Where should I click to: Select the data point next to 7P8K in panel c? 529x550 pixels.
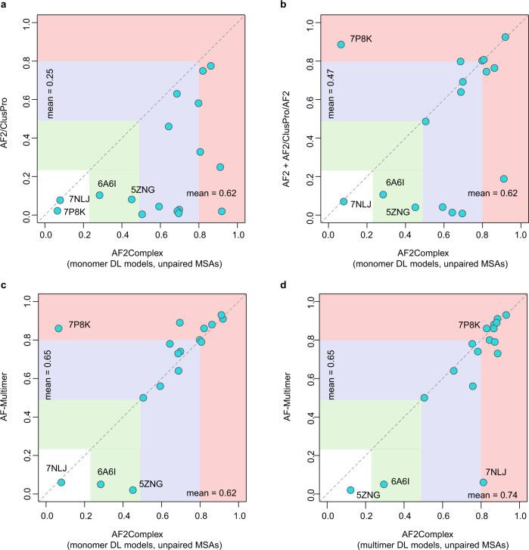pos(58,328)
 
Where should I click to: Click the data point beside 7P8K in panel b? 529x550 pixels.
pos(341,45)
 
